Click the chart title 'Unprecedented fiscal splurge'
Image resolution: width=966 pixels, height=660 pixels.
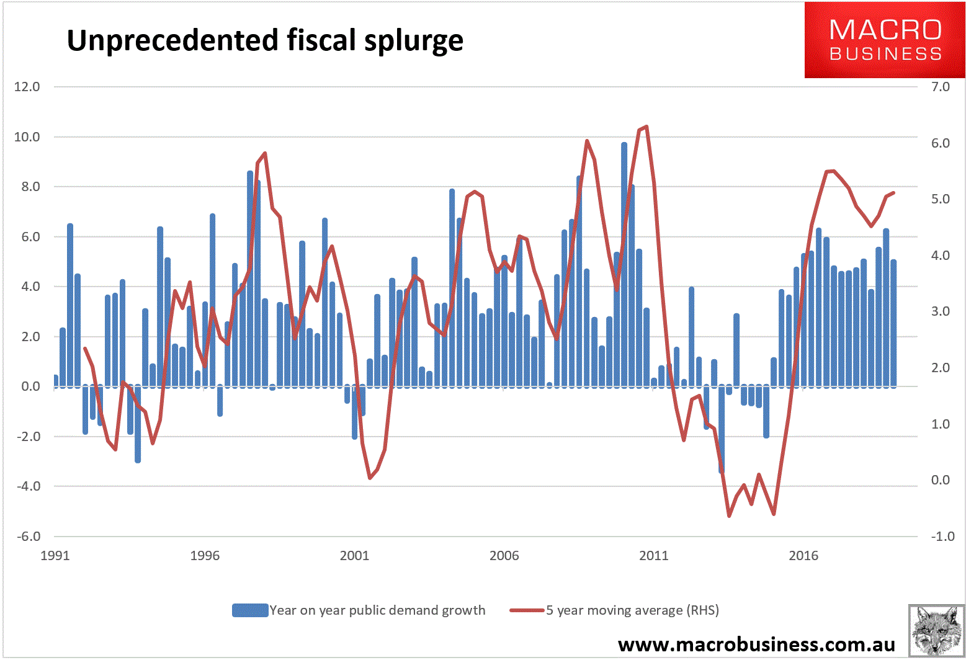tap(265, 40)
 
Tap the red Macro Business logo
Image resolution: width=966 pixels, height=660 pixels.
tap(885, 40)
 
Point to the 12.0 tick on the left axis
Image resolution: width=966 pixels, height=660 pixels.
tap(27, 87)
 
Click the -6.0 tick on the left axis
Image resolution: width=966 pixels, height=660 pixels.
tap(27, 537)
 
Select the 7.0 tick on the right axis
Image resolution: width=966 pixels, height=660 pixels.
tap(940, 87)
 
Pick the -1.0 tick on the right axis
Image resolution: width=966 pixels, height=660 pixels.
tap(942, 537)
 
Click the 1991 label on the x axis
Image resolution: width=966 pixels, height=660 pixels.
tap(55, 556)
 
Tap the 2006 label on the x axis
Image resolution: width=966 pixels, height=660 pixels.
tap(504, 556)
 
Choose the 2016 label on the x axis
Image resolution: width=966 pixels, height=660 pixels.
tap(803, 556)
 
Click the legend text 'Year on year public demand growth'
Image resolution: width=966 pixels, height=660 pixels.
tap(377, 610)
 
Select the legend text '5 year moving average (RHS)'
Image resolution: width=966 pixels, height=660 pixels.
tap(632, 610)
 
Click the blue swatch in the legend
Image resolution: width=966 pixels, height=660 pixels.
tap(250, 610)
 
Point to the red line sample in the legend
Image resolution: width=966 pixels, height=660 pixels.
tap(527, 610)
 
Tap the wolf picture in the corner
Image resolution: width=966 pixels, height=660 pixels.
tap(936, 630)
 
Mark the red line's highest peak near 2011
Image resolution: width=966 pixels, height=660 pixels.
tap(646, 127)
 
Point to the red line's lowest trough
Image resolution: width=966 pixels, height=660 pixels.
tap(729, 515)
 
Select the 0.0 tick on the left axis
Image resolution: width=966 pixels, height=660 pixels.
tap(29, 386)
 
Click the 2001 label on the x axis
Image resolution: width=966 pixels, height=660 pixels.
tap(354, 556)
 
